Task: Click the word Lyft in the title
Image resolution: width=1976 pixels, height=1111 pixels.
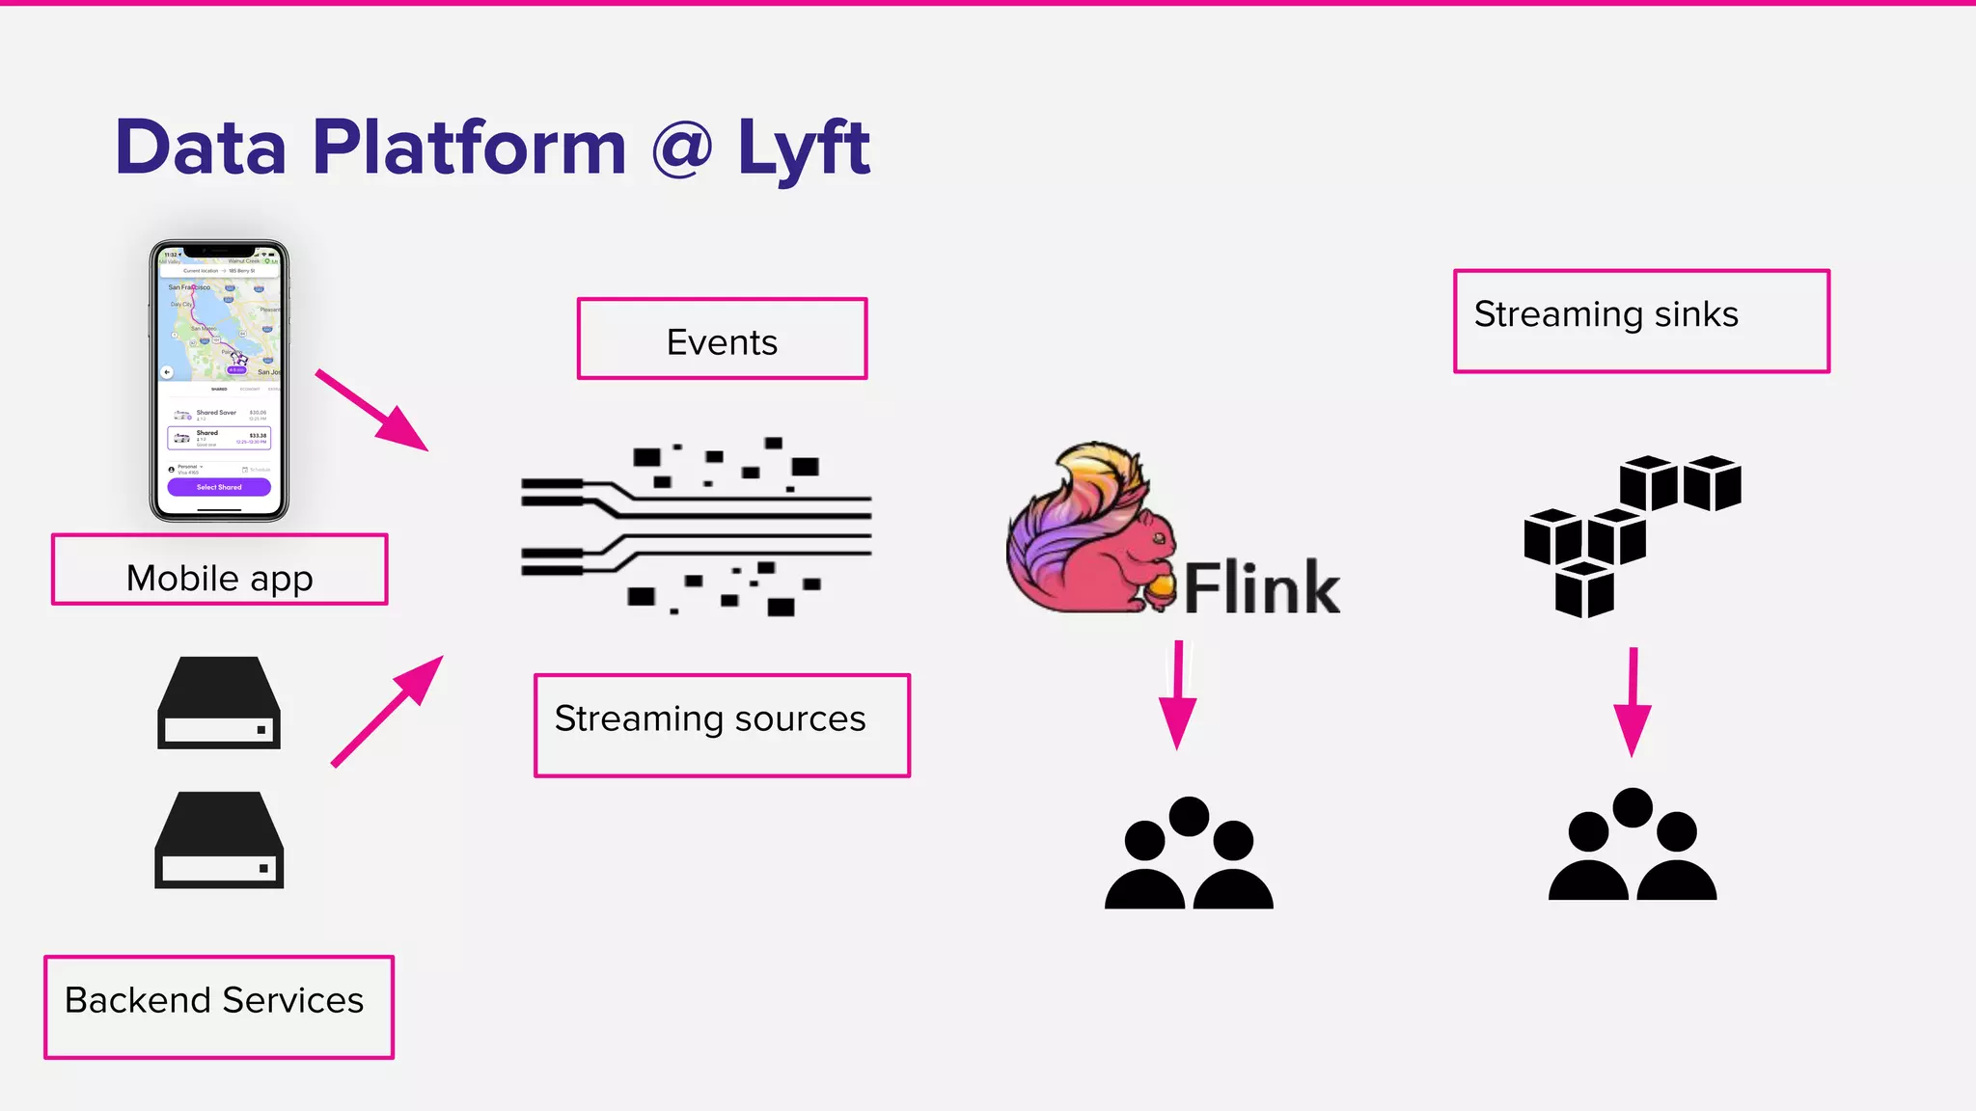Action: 803,149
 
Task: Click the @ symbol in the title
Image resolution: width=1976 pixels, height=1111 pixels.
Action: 681,149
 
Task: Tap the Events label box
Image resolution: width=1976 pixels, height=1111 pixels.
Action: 722,339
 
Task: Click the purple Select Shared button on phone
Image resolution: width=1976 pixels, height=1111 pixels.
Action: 219,487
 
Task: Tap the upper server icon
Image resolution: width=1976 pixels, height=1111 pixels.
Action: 219,703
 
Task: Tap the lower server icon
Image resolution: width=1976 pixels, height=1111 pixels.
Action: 219,840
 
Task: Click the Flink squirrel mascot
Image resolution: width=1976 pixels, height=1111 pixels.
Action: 1085,535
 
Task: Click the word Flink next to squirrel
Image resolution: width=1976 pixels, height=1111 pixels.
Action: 1262,588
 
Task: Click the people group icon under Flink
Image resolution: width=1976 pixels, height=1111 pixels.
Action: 1189,854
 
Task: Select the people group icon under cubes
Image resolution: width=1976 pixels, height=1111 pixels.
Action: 1633,846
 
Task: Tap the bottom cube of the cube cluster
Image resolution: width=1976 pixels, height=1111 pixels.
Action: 1584,590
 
